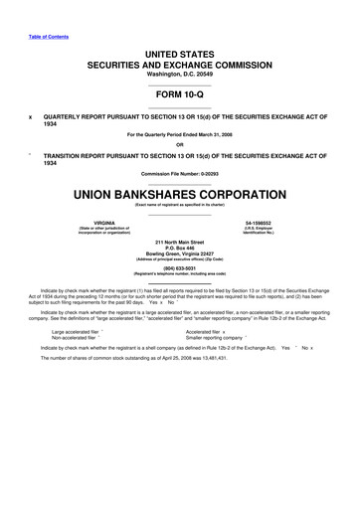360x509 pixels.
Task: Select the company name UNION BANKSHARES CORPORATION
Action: tap(180, 190)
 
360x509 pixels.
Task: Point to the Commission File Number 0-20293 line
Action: tap(180, 174)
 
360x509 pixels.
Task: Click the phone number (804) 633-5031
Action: tap(180, 266)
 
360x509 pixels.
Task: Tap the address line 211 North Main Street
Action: tap(180, 242)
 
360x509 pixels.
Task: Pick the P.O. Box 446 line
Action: tap(180, 248)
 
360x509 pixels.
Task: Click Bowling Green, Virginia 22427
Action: tap(180, 254)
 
